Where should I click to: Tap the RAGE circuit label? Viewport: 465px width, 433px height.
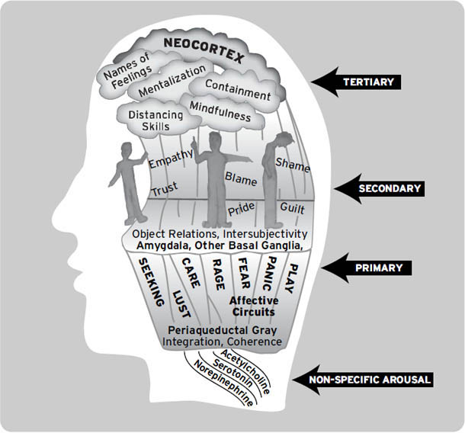[x=217, y=274]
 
